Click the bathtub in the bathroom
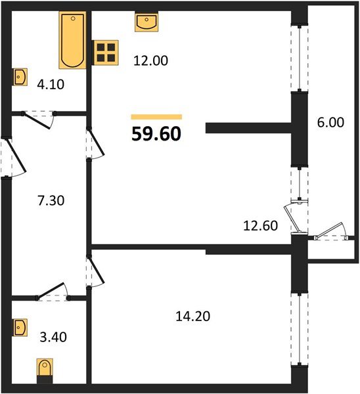tap(72, 40)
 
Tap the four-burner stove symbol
tap(105, 53)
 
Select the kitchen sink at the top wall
tap(146, 22)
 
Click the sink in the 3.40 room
tap(20, 326)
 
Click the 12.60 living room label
tap(261, 227)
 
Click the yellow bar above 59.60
tap(156, 116)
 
